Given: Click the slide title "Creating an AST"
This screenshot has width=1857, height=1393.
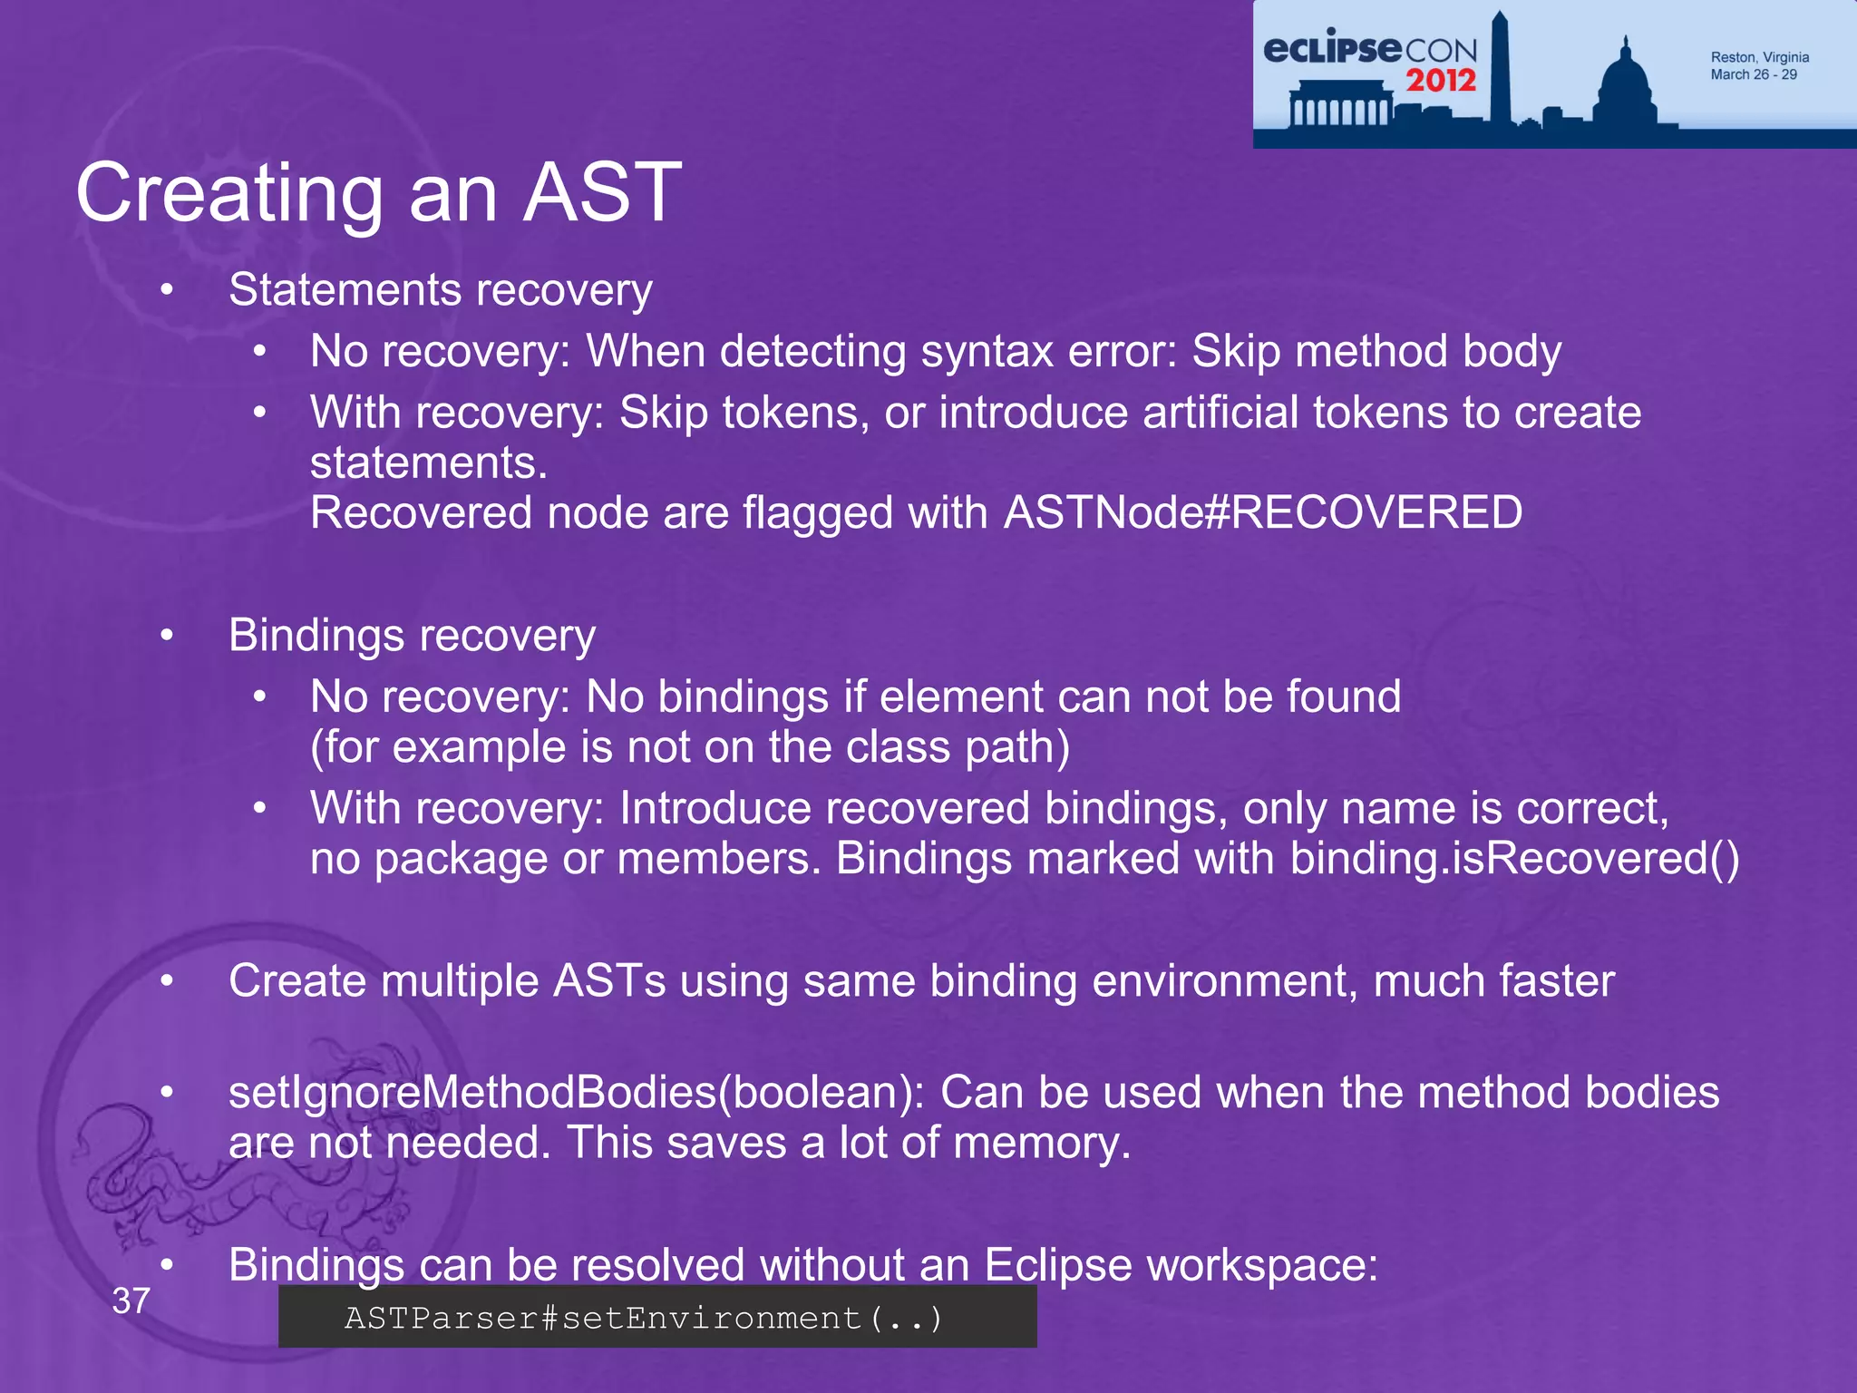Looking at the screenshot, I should [x=378, y=192].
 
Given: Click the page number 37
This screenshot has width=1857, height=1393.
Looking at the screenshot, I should [x=131, y=1301].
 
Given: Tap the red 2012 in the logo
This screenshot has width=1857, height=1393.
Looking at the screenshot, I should [x=1441, y=81].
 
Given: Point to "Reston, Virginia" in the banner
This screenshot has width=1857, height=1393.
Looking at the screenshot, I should [x=1759, y=57].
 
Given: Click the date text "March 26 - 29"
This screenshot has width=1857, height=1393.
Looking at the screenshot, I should [x=1753, y=74].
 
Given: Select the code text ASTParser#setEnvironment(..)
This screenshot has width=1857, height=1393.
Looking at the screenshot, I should [x=644, y=1318].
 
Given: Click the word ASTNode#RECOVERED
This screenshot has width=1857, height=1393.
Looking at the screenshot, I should [x=1263, y=512].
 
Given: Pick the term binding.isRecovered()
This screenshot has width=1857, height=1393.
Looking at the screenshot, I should [x=1514, y=858].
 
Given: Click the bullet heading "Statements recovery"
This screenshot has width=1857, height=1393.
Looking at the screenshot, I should [x=440, y=290].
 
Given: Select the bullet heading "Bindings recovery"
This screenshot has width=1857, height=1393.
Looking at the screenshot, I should [x=412, y=635].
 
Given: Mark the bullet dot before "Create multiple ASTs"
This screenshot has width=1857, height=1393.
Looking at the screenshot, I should [x=167, y=981].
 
